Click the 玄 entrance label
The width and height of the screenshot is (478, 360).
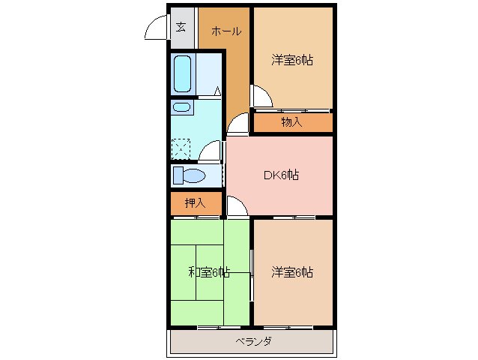click(x=181, y=28)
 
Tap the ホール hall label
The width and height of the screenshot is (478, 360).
click(x=226, y=31)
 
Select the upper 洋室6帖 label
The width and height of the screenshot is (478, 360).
click(x=291, y=60)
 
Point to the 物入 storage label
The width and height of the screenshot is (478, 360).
click(x=291, y=121)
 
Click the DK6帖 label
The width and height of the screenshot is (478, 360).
click(x=281, y=175)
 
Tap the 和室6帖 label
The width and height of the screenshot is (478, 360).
click(x=208, y=271)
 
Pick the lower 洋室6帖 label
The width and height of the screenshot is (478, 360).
click(x=291, y=271)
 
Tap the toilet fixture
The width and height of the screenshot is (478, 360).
click(x=189, y=176)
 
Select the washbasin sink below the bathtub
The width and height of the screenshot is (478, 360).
click(x=181, y=107)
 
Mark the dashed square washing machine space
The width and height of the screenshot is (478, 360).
click(x=182, y=148)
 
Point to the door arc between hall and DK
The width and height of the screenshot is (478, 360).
click(x=237, y=124)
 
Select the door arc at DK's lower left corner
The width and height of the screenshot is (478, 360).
click(x=235, y=205)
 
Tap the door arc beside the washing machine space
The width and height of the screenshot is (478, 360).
click(x=211, y=150)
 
